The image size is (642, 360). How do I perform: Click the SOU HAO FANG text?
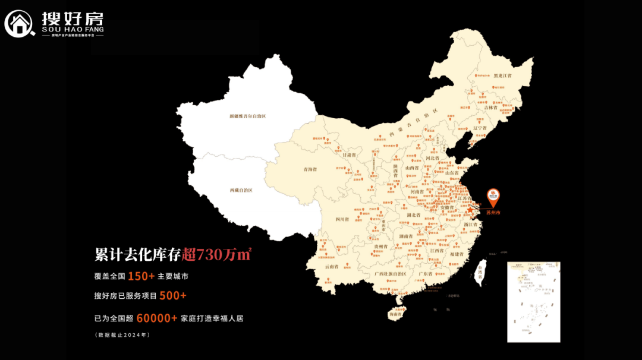click(73, 29)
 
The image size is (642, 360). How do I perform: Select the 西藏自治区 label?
click(241, 190)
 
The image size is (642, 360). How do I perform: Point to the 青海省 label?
click(310, 169)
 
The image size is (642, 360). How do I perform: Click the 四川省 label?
click(342, 219)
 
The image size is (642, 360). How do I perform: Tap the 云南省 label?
click(332, 267)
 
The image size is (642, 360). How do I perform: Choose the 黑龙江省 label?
click(502, 76)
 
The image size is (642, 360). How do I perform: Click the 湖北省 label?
click(414, 214)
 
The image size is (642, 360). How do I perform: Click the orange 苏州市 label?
click(493, 212)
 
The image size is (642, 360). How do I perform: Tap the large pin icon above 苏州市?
click(493, 197)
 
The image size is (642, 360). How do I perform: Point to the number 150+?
click(141, 276)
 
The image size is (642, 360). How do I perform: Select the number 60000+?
click(157, 318)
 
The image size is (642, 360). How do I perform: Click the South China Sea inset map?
click(533, 302)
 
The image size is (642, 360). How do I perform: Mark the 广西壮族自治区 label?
click(391, 274)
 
